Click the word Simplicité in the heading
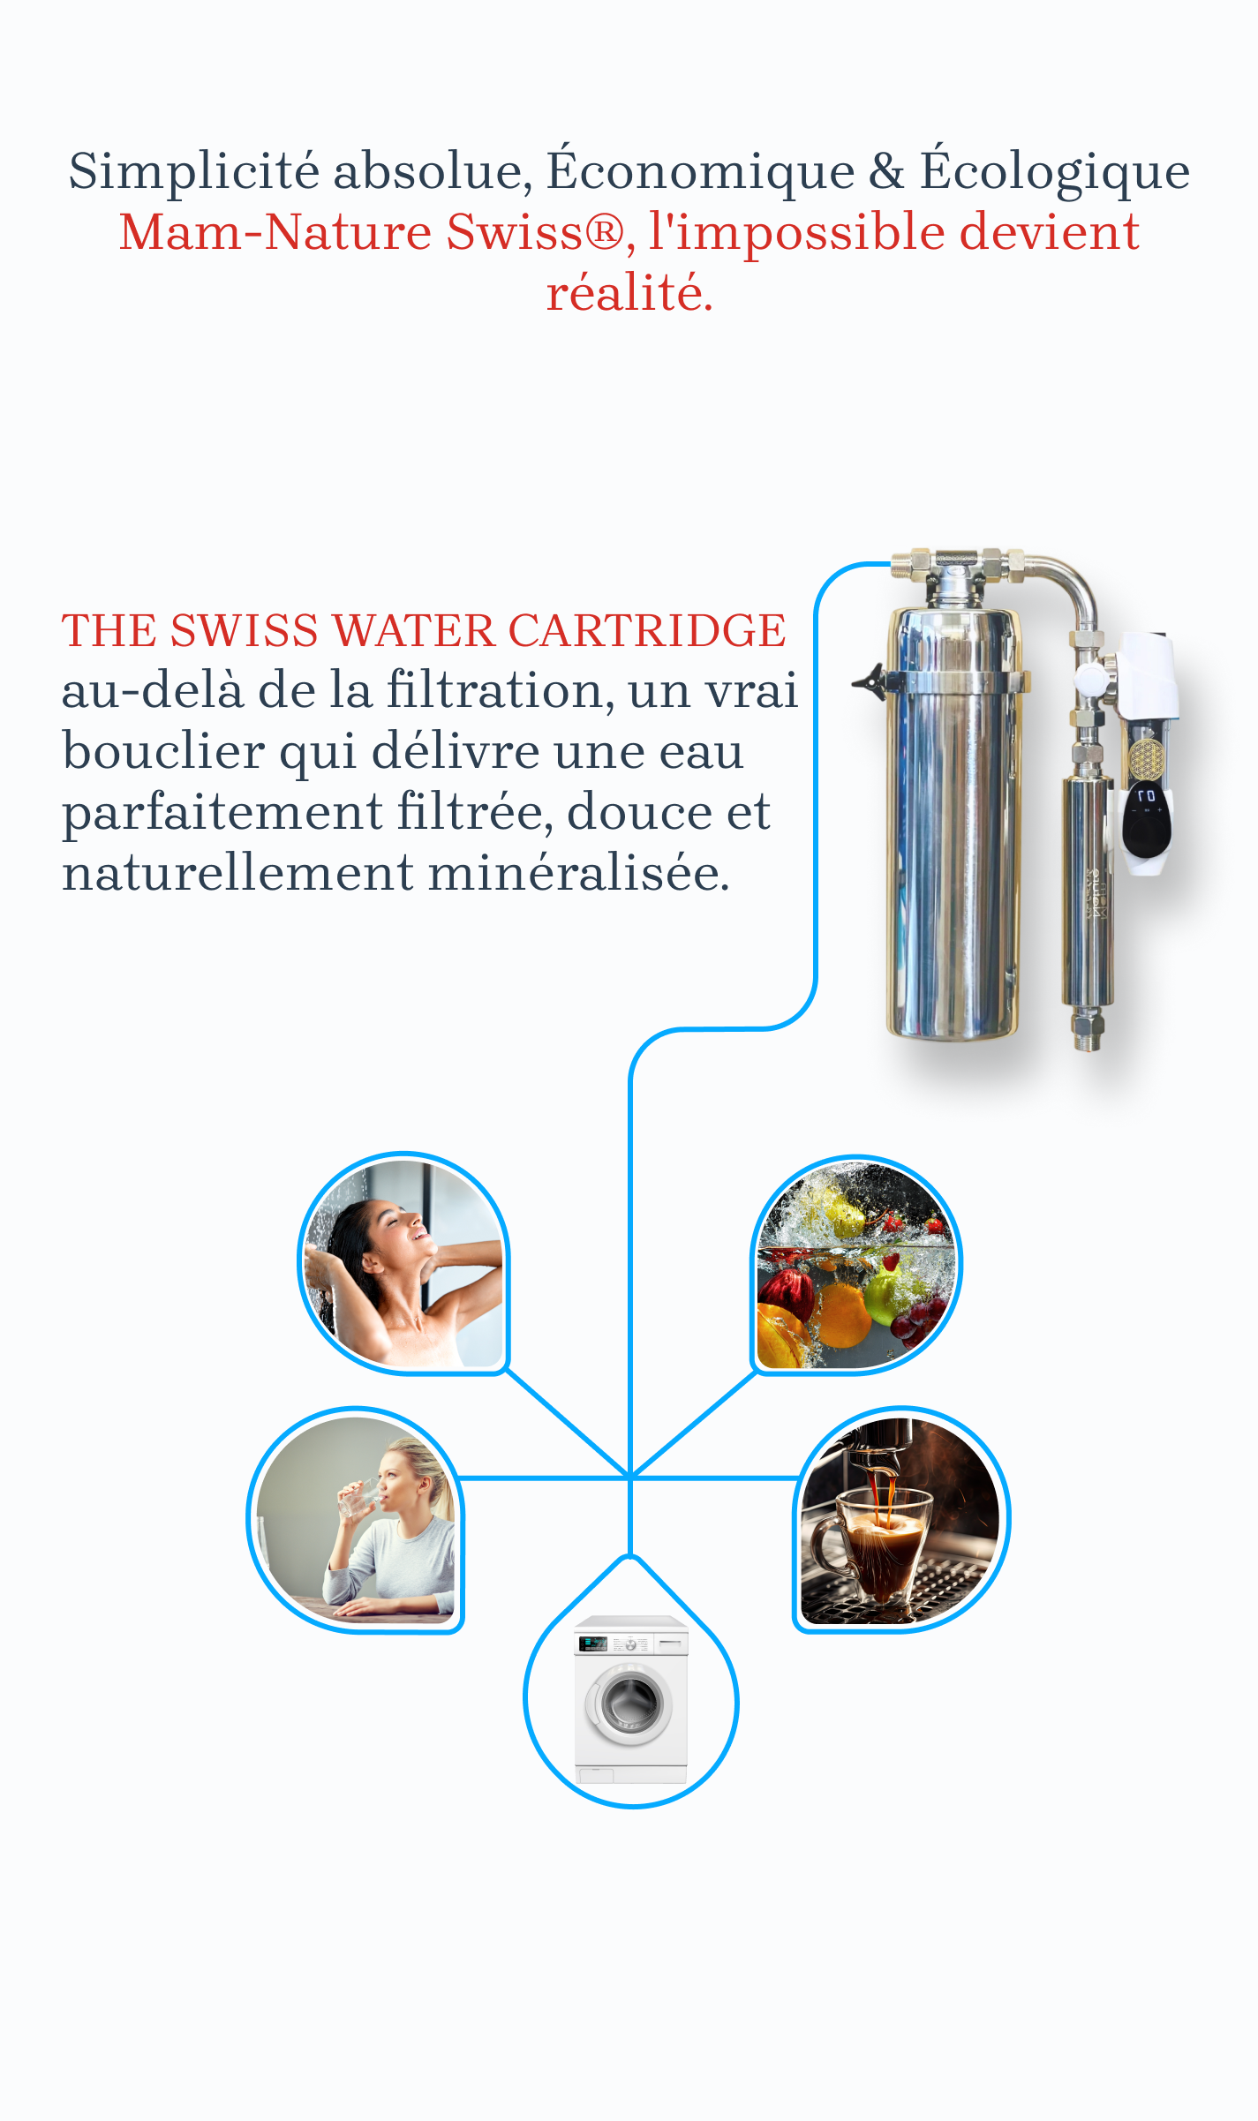pyautogui.click(x=194, y=171)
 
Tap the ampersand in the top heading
pyautogui.click(x=886, y=171)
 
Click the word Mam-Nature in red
pyautogui.click(x=276, y=232)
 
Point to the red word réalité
pyautogui.click(x=629, y=293)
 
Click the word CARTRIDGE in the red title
pyautogui.click(x=646, y=630)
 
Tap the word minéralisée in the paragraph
pyautogui.click(x=579, y=873)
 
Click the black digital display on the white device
pyautogui.click(x=1147, y=820)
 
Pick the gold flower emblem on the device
pyautogui.click(x=1146, y=758)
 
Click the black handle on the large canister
pyautogui.click(x=870, y=682)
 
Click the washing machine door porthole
pyautogui.click(x=630, y=1703)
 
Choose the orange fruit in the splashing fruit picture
pyautogui.click(x=845, y=1315)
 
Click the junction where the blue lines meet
pyautogui.click(x=630, y=1477)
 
